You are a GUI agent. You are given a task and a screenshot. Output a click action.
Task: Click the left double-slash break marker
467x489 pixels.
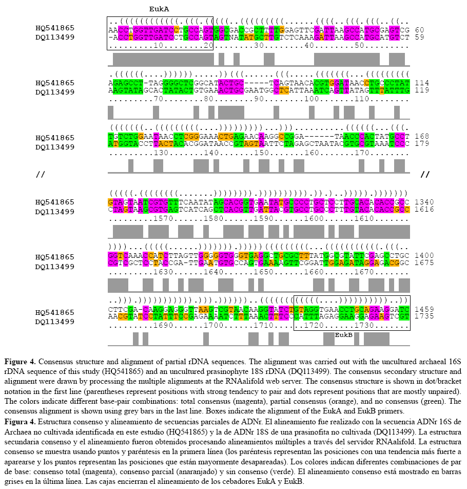(x=41, y=175)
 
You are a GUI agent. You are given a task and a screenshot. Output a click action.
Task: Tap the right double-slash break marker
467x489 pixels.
(x=424, y=175)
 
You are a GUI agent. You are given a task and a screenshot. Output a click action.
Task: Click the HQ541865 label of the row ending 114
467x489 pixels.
(x=55, y=83)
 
